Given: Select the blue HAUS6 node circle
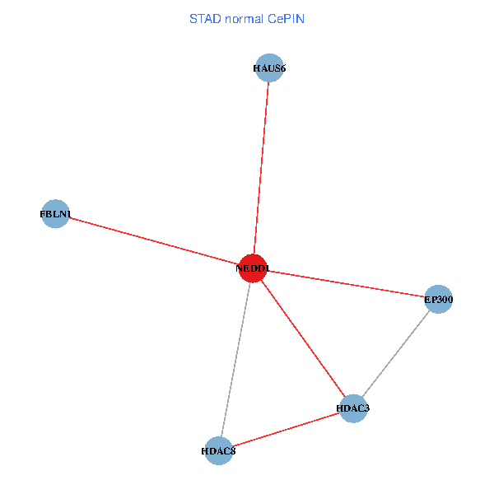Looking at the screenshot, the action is [269, 68].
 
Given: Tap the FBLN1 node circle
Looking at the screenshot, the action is [55, 214].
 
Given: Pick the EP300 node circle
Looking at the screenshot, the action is [438, 300].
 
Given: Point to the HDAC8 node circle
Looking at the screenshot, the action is [218, 450].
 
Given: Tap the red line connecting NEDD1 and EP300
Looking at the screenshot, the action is [346, 284].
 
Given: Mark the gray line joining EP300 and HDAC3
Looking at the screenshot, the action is [395, 354].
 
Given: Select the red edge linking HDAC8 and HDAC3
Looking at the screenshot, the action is [286, 429].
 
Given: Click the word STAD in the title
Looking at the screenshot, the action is [205, 18].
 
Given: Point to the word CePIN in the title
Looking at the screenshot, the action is [287, 18].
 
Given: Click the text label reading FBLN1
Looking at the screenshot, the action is [55, 215].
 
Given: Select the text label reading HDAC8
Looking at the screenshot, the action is [218, 451].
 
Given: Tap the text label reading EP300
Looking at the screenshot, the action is [438, 301].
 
